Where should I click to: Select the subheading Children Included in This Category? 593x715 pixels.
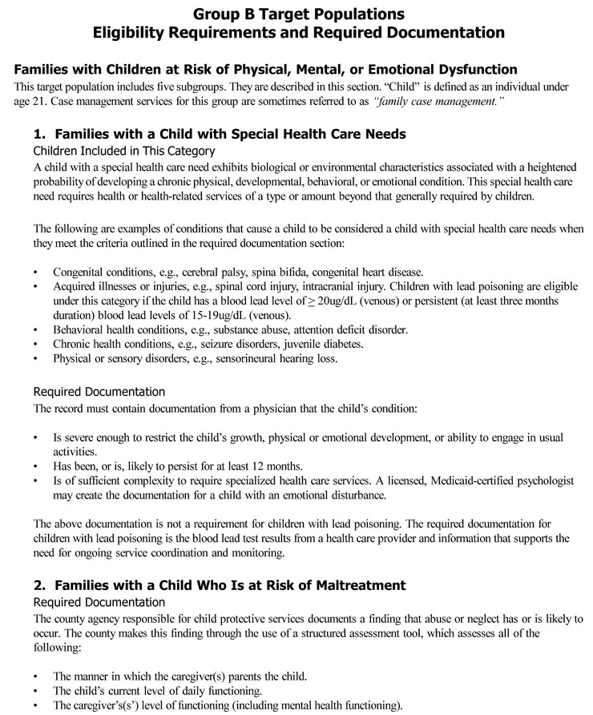(124, 151)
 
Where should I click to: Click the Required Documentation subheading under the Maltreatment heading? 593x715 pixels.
(99, 602)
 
